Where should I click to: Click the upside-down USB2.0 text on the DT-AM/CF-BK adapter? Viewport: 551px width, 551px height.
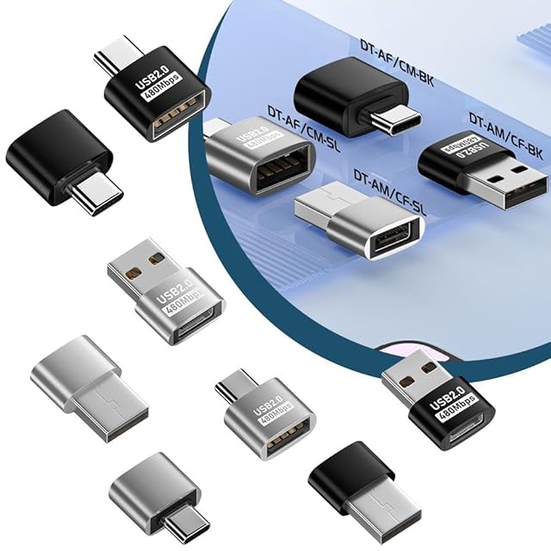pyautogui.click(x=462, y=152)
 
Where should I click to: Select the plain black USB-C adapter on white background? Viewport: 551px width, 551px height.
pyautogui.click(x=58, y=163)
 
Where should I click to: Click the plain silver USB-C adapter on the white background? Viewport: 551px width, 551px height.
pyautogui.click(x=156, y=492)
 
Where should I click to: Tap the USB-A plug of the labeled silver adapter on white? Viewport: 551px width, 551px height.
pyautogui.click(x=133, y=263)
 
